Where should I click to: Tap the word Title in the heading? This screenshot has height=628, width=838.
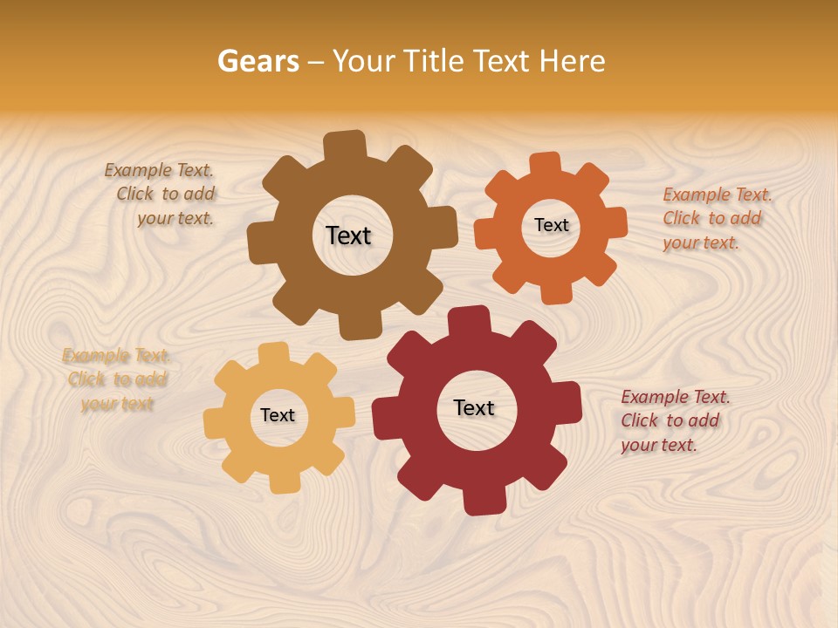433,61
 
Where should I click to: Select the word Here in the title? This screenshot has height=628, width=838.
572,61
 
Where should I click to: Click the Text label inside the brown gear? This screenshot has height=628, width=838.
348,235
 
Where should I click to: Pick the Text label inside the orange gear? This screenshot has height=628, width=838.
551,225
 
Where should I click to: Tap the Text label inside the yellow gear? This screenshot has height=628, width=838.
278,415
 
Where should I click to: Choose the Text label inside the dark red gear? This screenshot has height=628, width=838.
474,407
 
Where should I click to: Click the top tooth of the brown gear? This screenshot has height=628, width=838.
345,145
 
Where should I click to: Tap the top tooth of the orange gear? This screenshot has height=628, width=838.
545,164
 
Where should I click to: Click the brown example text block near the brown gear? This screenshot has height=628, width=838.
162,195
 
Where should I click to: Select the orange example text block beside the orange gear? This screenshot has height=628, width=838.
717,218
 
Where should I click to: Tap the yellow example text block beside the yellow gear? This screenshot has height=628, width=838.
117,379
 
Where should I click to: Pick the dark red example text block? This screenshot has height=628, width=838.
675,420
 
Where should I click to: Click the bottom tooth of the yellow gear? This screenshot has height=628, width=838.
283,481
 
